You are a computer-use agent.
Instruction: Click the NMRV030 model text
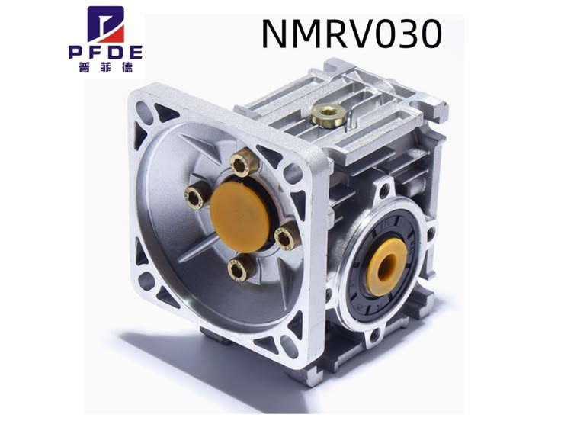352,34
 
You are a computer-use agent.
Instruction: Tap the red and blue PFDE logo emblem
106,25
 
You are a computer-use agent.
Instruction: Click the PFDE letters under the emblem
105,53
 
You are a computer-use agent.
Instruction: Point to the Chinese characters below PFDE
105,66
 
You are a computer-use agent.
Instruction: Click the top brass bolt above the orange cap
244,164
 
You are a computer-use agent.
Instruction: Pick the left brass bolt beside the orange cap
197,195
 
